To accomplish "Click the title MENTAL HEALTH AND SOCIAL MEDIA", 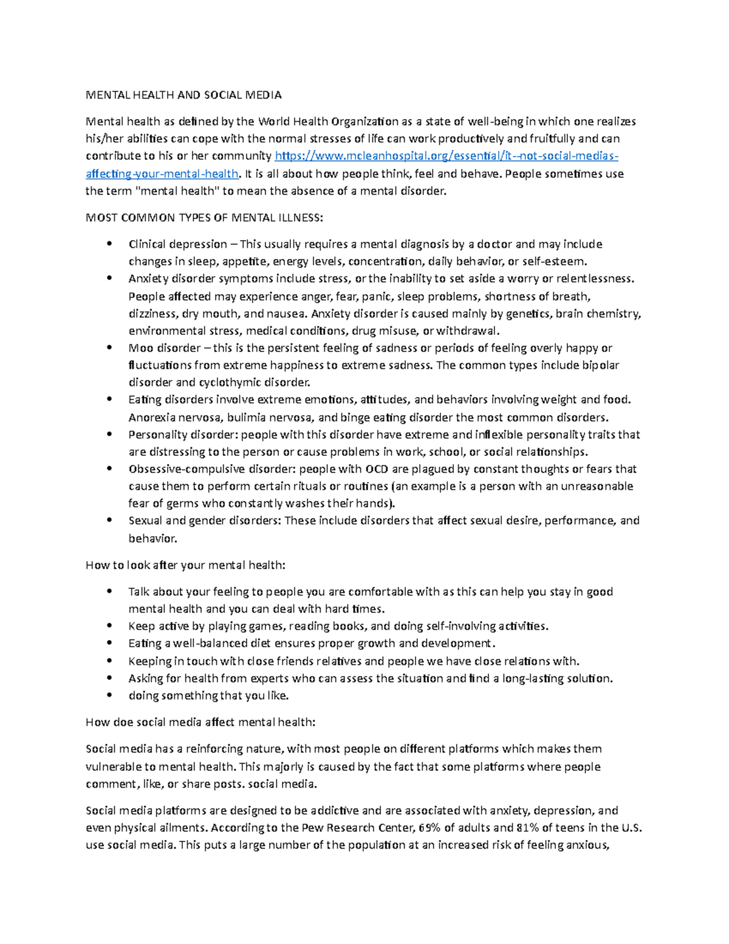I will tap(183, 95).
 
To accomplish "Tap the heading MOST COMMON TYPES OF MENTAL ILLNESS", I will tap(205, 218).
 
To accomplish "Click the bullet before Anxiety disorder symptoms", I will tap(109, 278).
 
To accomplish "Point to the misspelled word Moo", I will tap(140, 348).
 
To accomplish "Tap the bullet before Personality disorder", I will tap(109, 434).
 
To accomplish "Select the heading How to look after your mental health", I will tap(185, 565).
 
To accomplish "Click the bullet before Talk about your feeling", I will tap(109, 591).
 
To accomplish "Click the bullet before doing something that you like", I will tap(109, 695).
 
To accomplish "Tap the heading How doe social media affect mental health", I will tap(200, 722).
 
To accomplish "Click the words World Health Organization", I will tap(329, 122).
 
